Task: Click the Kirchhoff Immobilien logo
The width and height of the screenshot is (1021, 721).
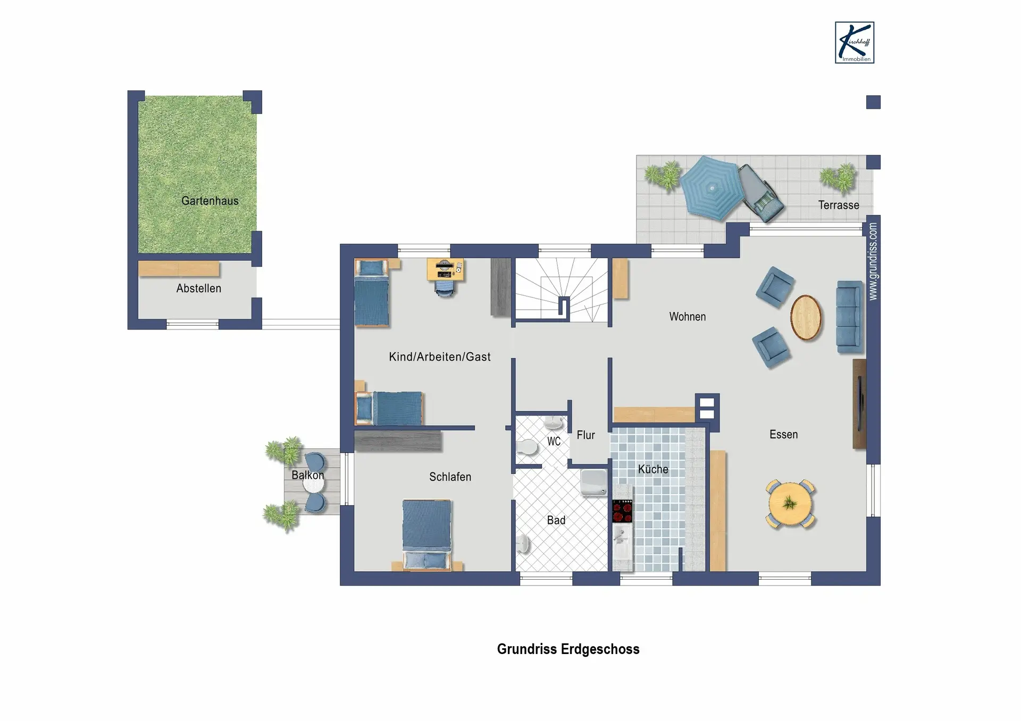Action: point(855,43)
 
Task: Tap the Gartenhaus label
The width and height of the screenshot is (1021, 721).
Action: point(210,201)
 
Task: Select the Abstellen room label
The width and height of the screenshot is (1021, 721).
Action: point(199,289)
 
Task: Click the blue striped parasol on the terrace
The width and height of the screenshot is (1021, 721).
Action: point(711,188)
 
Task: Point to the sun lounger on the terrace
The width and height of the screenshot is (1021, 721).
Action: point(760,192)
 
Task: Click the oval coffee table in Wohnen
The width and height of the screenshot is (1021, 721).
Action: point(806,317)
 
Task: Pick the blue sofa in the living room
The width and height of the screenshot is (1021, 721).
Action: point(850,317)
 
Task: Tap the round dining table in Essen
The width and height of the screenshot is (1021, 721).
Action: point(790,503)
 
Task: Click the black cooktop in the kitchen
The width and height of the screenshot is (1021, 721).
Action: point(622,511)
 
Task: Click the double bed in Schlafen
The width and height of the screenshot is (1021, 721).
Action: point(427,535)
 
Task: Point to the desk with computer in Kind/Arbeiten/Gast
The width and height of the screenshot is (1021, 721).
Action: point(445,269)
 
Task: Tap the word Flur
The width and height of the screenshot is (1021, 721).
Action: point(586,435)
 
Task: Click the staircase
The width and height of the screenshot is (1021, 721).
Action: point(562,290)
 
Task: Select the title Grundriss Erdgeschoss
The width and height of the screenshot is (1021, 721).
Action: point(568,649)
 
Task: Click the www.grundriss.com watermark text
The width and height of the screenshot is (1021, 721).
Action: point(873,261)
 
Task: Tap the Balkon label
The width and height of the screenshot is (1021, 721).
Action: point(308,475)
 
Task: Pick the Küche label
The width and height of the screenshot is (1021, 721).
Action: point(653,469)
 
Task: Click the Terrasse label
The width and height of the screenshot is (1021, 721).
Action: point(839,205)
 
